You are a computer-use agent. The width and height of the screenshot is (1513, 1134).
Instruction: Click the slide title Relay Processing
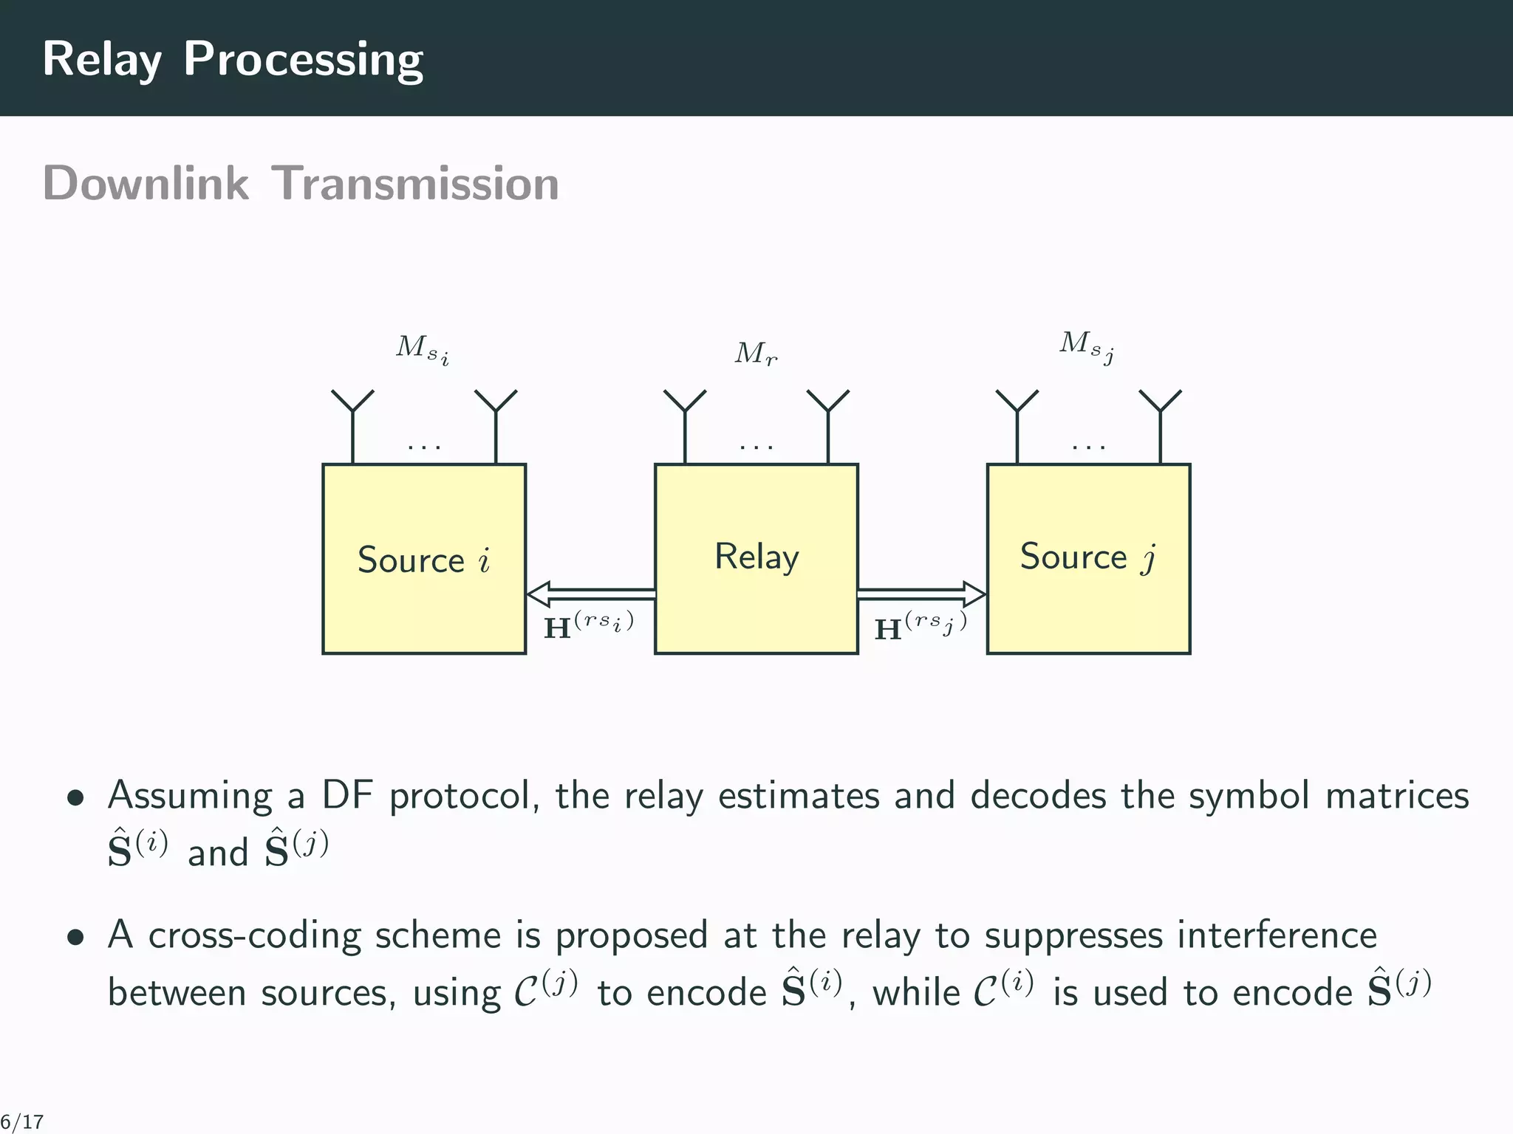[232, 59]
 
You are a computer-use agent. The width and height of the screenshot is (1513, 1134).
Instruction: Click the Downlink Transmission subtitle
[301, 183]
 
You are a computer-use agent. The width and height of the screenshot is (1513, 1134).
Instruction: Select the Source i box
[423, 558]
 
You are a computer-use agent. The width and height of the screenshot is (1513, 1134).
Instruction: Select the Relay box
[756, 558]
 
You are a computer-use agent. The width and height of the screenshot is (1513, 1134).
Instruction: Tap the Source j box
[1087, 558]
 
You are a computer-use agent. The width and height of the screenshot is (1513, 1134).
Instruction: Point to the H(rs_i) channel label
[588, 626]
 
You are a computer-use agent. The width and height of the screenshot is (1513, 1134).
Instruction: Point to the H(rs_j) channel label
[920, 626]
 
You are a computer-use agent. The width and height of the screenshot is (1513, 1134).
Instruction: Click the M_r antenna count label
[756, 354]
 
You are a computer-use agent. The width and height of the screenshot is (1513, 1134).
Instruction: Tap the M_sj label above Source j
[1087, 346]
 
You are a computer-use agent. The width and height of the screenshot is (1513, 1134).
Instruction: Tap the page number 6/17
[22, 1122]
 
